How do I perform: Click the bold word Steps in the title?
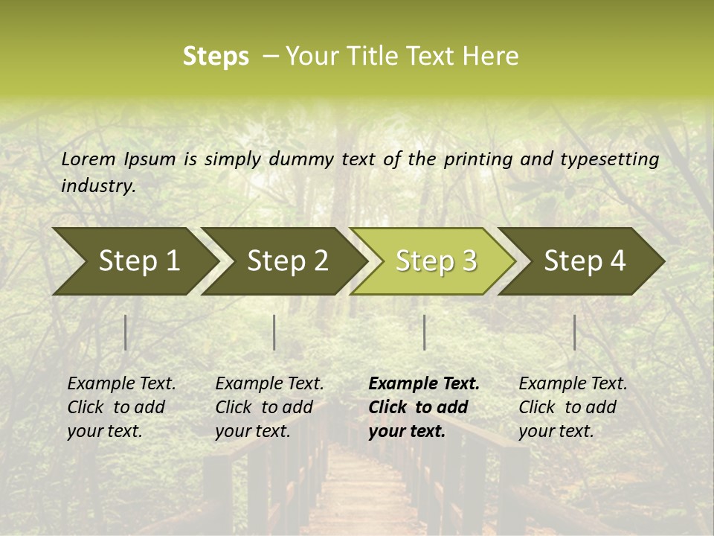[216, 57]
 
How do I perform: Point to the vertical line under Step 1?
[126, 332]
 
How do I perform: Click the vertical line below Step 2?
[274, 332]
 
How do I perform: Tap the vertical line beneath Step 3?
[424, 332]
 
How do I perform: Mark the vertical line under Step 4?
[574, 332]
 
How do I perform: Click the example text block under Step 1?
[121, 407]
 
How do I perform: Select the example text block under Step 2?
[269, 407]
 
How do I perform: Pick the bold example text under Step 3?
[424, 407]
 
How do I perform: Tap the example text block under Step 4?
[573, 407]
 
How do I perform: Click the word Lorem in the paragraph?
[89, 159]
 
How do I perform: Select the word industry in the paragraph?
[97, 186]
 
